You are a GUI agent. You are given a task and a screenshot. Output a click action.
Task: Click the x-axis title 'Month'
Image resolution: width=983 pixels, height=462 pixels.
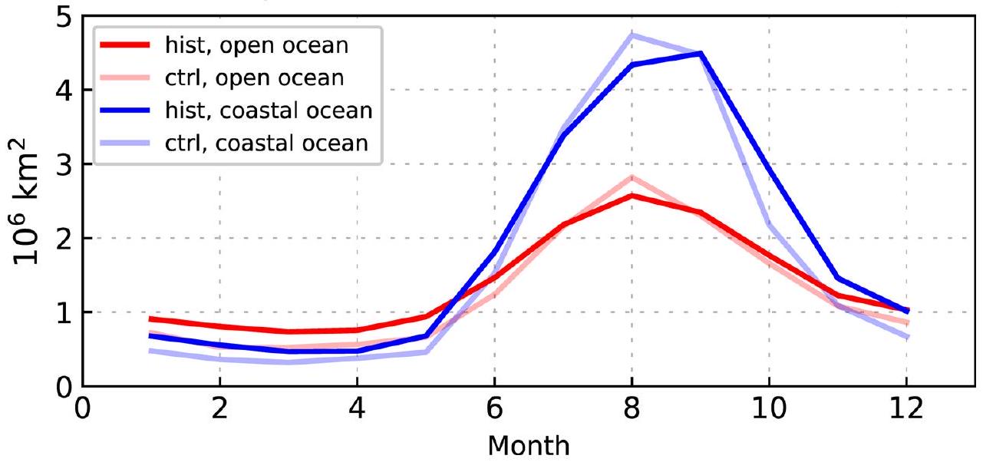(529, 444)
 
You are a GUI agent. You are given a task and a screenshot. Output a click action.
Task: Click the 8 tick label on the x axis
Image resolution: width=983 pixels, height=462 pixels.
(632, 409)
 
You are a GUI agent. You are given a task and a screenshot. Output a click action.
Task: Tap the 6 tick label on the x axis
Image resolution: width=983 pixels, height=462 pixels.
(494, 409)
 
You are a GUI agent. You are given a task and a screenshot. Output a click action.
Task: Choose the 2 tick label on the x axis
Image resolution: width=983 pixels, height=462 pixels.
(219, 409)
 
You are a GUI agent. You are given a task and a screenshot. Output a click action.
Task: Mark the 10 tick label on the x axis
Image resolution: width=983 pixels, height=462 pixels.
(769, 409)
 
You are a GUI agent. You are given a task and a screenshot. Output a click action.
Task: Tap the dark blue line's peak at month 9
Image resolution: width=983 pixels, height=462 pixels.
(700, 53)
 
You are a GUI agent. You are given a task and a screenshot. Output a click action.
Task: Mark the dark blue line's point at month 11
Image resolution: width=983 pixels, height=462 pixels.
(837, 278)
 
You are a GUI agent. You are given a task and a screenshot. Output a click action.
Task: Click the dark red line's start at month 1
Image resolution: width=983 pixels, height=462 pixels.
(151, 318)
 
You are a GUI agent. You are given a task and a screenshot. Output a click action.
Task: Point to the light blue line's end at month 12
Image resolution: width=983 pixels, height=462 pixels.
(906, 337)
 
